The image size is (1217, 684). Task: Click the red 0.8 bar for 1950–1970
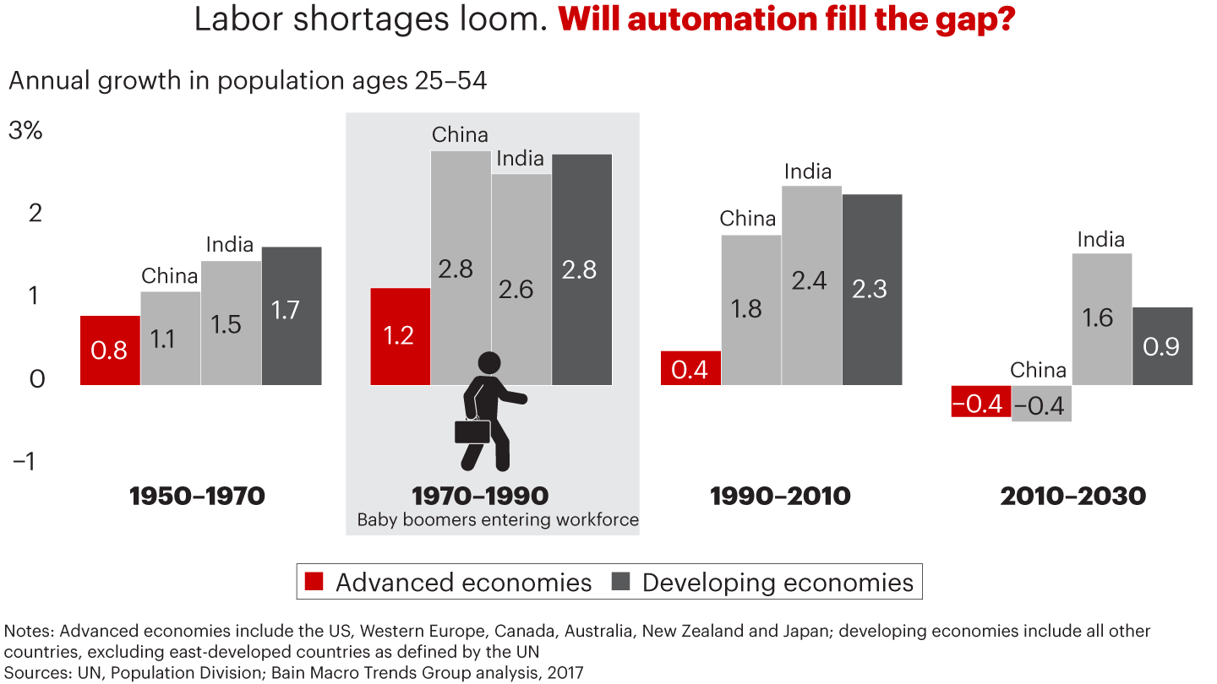pyautogui.click(x=110, y=350)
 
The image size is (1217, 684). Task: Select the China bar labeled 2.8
pyautogui.click(x=461, y=268)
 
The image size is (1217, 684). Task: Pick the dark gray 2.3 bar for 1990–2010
pyautogui.click(x=872, y=289)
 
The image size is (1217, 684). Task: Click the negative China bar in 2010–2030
pyautogui.click(x=1041, y=404)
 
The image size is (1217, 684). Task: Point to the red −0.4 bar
pyautogui.click(x=980, y=401)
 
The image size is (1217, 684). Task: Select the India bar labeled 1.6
pyautogui.click(x=1101, y=318)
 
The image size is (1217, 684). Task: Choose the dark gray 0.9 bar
pyautogui.click(x=1162, y=346)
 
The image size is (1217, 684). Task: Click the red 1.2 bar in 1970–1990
pyautogui.click(x=400, y=336)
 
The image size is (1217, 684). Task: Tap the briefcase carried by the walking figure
pyautogui.click(x=472, y=431)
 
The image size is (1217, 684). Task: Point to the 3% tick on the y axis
pyautogui.click(x=25, y=132)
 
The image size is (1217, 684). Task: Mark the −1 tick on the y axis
pyautogui.click(x=25, y=461)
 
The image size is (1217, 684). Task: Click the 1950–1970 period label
pyautogui.click(x=197, y=496)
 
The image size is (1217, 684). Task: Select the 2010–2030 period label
pyautogui.click(x=1072, y=496)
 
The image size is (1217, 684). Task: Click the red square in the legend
pyautogui.click(x=314, y=582)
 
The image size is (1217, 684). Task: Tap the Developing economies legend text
pyautogui.click(x=778, y=583)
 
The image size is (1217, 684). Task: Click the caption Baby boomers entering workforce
pyautogui.click(x=498, y=519)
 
